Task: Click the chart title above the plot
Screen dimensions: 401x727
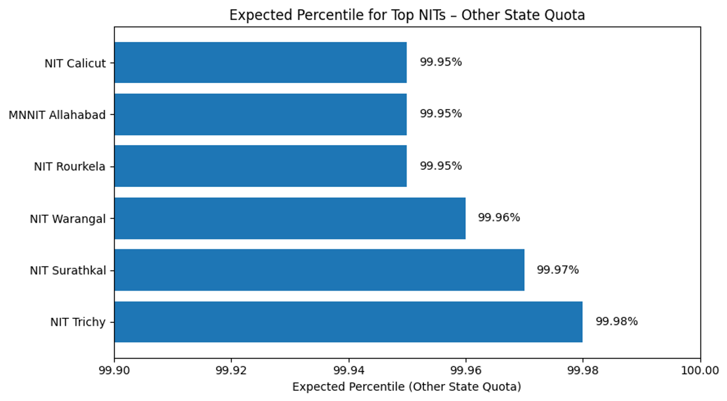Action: click(x=407, y=15)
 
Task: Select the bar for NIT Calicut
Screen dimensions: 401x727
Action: click(x=261, y=62)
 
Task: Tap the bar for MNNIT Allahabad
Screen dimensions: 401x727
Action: click(x=261, y=114)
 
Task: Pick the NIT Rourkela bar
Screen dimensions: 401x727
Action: click(x=261, y=166)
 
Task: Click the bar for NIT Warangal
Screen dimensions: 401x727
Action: click(x=290, y=218)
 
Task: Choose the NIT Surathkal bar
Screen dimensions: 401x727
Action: click(x=319, y=270)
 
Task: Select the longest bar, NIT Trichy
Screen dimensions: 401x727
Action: click(x=348, y=322)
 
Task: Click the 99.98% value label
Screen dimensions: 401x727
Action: click(x=616, y=322)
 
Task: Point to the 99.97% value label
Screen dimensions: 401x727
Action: click(x=557, y=270)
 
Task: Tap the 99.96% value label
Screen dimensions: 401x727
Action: click(x=499, y=218)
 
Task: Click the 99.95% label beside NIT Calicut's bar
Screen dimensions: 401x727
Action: click(x=440, y=62)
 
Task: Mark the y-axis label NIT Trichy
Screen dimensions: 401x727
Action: click(x=78, y=322)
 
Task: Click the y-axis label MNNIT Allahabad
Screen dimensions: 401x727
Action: click(x=57, y=115)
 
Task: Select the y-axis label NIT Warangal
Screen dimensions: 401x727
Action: click(x=68, y=218)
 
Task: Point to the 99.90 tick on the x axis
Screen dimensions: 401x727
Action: click(x=114, y=371)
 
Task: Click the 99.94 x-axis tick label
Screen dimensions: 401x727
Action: click(x=348, y=371)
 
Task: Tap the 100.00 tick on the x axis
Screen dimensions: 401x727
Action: click(x=700, y=371)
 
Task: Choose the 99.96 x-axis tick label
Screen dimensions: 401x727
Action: click(x=465, y=371)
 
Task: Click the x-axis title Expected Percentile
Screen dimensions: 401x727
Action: click(x=407, y=387)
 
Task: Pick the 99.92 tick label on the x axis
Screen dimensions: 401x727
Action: click(x=231, y=371)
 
